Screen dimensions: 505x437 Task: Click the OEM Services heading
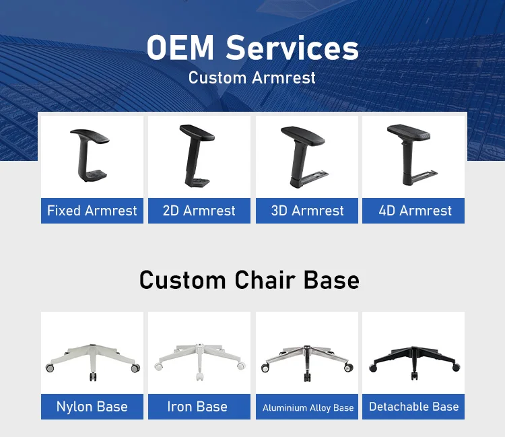(252, 48)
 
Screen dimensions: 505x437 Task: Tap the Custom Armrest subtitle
(252, 77)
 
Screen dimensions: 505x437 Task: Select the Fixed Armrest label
(92, 211)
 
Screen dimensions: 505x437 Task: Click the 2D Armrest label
(199, 211)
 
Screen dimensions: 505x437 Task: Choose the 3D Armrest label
(307, 211)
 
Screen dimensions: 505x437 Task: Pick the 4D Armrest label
(415, 211)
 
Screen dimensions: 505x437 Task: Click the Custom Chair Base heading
(249, 280)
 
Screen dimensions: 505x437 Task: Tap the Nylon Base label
(92, 407)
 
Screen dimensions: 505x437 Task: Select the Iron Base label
(197, 407)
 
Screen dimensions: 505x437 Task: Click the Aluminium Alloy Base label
(308, 407)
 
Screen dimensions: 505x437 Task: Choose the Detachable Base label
(414, 407)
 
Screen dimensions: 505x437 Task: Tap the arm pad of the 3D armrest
(303, 135)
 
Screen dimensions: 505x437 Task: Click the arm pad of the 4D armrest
(409, 131)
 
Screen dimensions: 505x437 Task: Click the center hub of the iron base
(200, 348)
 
